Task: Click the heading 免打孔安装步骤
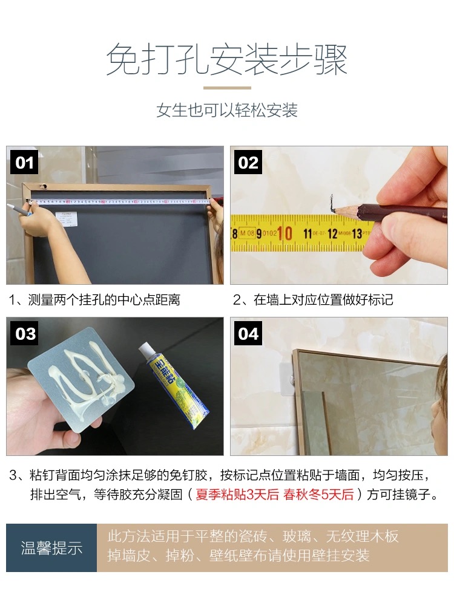226,60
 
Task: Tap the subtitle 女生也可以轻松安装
227,110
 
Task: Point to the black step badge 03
25,333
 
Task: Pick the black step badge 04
248,333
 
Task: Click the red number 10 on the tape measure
285,233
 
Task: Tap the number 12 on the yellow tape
332,233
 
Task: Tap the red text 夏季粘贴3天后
237,494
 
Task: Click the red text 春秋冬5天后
318,494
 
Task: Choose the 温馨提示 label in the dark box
51,548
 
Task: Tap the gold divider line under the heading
227,88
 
